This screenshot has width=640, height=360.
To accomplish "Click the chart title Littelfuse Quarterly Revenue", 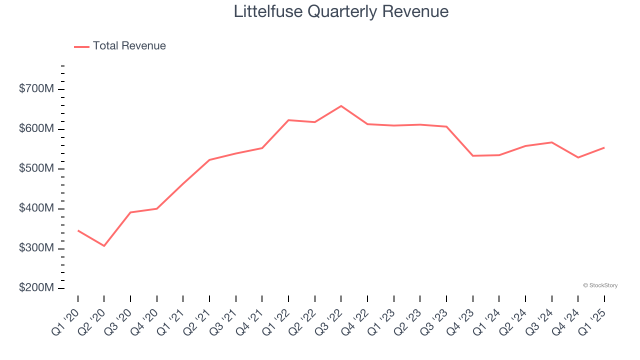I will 341,11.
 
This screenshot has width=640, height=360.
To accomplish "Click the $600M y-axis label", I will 36,129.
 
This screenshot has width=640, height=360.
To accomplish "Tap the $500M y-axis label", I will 36,169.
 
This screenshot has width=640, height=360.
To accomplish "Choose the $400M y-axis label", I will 36,208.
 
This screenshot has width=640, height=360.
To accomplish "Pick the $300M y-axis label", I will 36,248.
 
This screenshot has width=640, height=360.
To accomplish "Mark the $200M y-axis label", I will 36,288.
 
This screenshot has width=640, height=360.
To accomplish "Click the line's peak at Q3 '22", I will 341,106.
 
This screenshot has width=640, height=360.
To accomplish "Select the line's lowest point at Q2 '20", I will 104,246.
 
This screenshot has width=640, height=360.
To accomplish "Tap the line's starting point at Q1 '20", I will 78,230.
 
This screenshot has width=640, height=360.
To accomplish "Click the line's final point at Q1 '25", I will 604,147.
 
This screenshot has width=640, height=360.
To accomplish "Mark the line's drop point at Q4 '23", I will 472,156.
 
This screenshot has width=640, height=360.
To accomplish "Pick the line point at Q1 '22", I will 288,120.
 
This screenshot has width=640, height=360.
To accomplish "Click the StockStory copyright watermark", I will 600,285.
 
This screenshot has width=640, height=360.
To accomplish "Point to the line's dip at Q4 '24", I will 578,157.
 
